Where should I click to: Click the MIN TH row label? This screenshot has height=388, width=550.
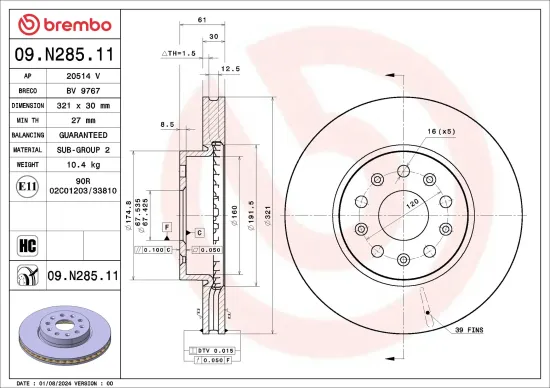pyautogui.click(x=27, y=119)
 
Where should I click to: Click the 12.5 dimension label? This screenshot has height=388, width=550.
pyautogui.click(x=231, y=69)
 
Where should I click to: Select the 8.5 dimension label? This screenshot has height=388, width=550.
pyautogui.click(x=167, y=124)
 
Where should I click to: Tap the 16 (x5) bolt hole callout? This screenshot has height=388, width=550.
pyautogui.click(x=440, y=131)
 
